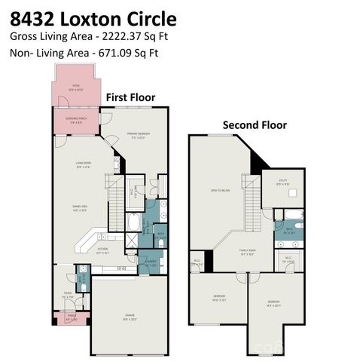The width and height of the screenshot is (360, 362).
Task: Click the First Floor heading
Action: [x=130, y=97]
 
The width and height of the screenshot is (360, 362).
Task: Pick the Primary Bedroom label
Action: [x=138, y=135]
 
